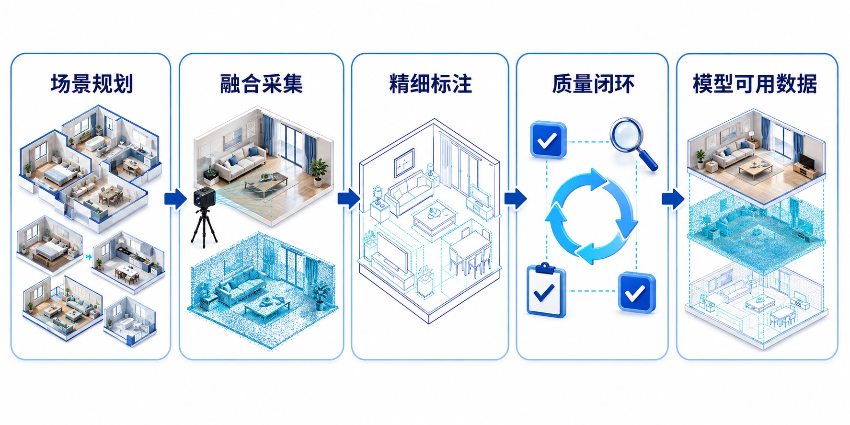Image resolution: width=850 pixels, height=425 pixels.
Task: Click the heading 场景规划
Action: click(92, 83)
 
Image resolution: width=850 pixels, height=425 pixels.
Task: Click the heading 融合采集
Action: click(261, 83)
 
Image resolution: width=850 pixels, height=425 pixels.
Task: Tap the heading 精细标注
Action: click(430, 83)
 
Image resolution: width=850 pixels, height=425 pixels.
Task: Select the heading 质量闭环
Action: click(593, 83)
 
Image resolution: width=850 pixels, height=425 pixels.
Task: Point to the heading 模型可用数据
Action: click(755, 83)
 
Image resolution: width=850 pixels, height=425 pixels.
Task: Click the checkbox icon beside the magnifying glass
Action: click(548, 140)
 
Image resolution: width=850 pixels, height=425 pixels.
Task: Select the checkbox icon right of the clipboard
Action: click(637, 292)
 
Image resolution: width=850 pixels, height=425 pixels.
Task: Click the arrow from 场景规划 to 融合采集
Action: click(175, 199)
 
